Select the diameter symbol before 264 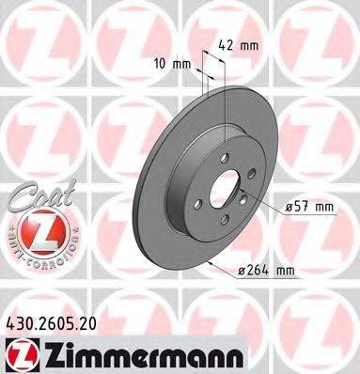242,272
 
